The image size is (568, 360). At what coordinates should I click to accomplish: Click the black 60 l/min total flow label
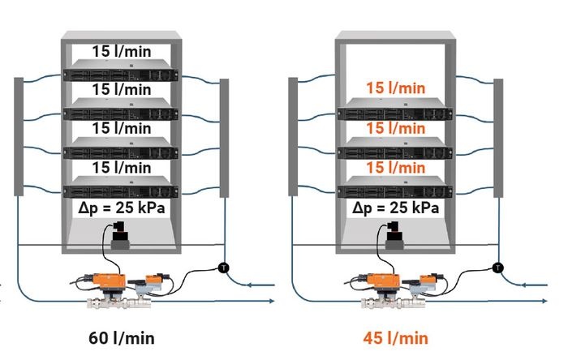click(x=122, y=338)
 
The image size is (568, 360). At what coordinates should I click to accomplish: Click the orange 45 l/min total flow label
click(x=396, y=338)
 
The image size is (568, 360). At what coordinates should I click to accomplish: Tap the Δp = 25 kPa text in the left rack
click(x=122, y=208)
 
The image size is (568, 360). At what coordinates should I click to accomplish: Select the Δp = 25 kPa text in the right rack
click(x=396, y=208)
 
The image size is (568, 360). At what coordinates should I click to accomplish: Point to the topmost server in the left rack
click(x=121, y=71)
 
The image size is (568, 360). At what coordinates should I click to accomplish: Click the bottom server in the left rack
click(x=121, y=186)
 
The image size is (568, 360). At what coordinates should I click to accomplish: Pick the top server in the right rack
click(x=395, y=109)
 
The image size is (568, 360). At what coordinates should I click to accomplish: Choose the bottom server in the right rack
click(x=395, y=186)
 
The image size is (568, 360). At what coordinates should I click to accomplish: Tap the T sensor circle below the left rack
click(x=224, y=268)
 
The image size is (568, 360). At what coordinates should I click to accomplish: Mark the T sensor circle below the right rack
click(x=498, y=268)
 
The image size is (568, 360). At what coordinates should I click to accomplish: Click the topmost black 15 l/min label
click(x=122, y=51)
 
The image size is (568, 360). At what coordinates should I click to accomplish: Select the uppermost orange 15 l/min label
click(x=396, y=88)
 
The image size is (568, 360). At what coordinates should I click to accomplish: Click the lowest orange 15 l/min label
click(x=396, y=168)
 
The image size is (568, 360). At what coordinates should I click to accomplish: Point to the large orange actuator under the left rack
click(x=108, y=280)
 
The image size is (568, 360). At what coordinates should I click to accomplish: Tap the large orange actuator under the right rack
click(x=382, y=280)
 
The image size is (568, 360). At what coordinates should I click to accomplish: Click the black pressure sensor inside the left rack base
click(x=120, y=235)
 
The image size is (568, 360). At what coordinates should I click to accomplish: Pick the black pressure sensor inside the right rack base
click(x=394, y=235)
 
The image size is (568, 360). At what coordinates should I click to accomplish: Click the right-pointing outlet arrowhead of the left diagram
click(x=272, y=301)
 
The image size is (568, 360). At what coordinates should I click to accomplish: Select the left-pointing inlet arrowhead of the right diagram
click(x=523, y=285)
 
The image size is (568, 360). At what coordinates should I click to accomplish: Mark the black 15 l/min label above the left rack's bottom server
click(x=122, y=168)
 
